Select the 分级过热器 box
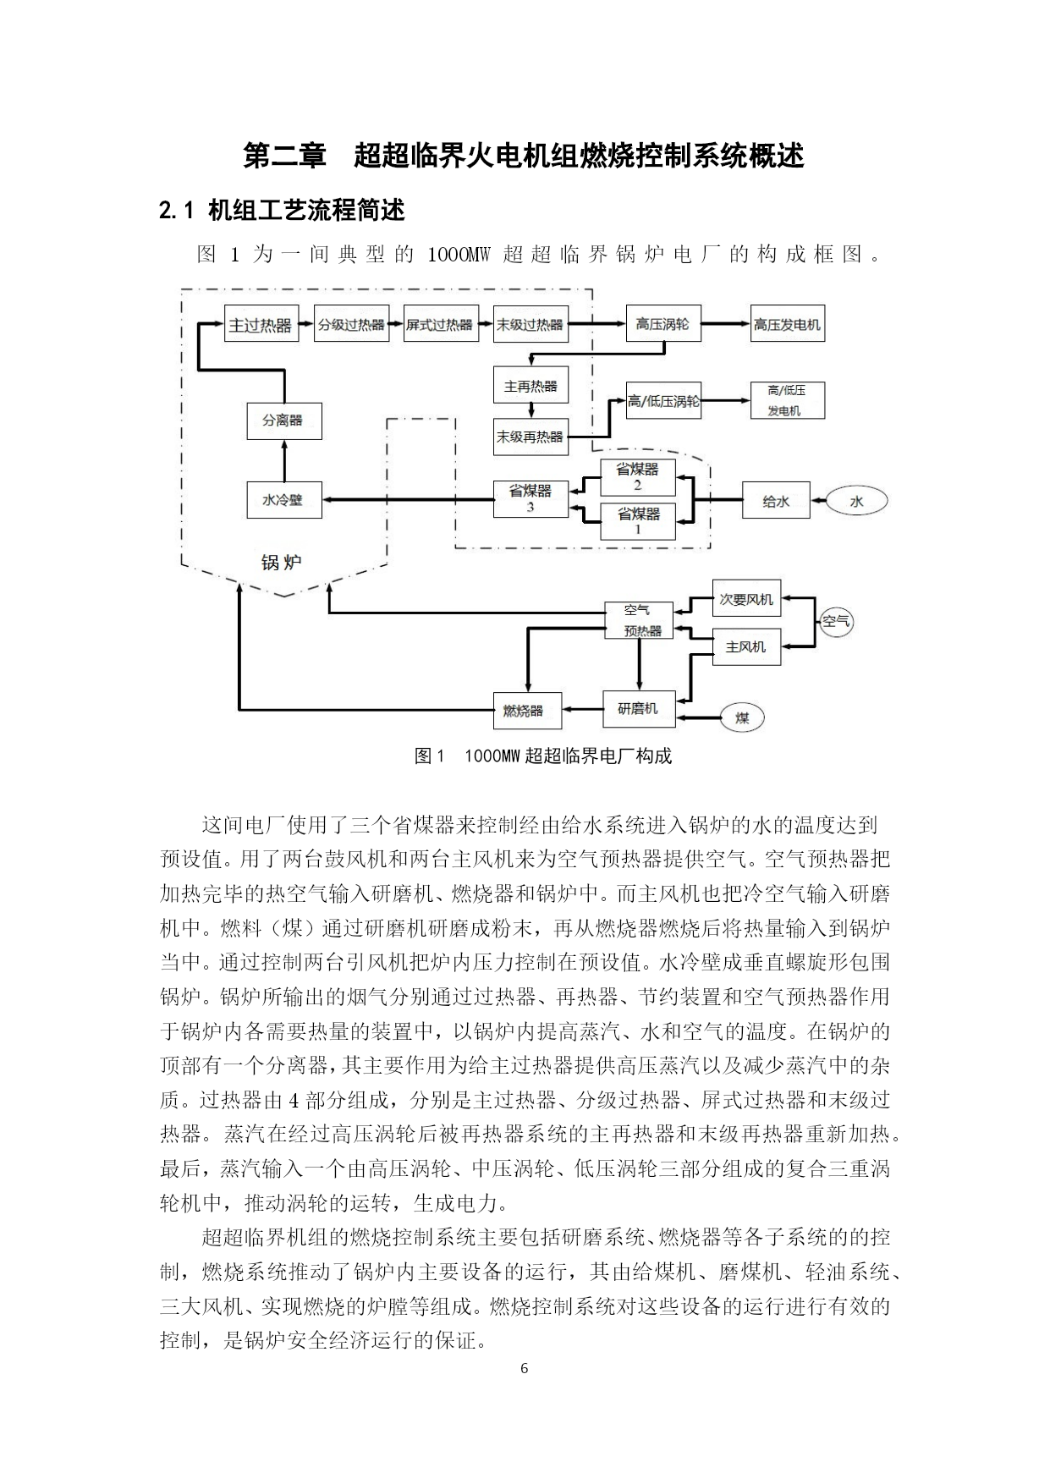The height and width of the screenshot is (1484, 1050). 351,324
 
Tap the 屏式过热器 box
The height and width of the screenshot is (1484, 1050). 441,324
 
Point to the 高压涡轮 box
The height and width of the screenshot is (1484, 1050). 662,324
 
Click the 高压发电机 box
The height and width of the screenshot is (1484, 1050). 787,324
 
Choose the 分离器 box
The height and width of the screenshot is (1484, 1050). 283,420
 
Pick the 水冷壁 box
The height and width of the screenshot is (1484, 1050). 283,500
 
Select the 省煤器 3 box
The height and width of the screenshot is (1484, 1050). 530,498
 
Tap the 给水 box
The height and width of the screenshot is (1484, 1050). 775,500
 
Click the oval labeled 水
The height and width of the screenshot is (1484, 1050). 857,502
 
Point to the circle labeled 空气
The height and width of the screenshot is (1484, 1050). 836,623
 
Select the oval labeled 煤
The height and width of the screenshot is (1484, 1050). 742,718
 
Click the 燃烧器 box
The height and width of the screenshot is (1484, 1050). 527,710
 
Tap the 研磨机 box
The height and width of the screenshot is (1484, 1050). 639,708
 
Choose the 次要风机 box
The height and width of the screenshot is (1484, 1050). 746,600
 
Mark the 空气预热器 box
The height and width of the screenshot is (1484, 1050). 639,620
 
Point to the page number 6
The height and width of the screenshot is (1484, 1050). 525,1368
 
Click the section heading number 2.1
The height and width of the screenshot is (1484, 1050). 178,210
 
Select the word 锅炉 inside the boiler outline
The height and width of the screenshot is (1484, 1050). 281,562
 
